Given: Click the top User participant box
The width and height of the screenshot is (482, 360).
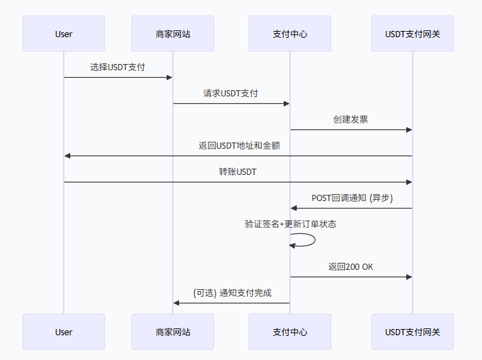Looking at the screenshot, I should click(63, 34).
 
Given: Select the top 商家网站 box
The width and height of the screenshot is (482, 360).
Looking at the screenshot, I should click(173, 34).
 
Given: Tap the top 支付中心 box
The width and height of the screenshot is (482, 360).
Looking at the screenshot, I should click(290, 34).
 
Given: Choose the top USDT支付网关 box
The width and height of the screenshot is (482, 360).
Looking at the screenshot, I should click(412, 34).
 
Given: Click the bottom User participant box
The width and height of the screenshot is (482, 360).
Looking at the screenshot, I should click(63, 332).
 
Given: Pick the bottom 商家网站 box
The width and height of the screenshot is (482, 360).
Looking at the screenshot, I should click(173, 332).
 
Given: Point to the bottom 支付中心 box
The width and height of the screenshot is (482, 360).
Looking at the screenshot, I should click(290, 332).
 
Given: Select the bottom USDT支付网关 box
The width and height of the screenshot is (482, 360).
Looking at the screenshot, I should click(412, 332).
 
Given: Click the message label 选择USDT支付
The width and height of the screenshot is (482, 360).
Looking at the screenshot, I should click(118, 67).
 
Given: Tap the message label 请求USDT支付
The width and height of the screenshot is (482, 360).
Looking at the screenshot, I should click(231, 94).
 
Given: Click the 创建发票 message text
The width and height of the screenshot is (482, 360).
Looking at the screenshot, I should click(350, 120).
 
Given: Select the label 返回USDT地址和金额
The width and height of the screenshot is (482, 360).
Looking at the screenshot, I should click(239, 146).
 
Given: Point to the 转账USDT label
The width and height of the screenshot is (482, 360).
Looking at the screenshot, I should click(238, 172).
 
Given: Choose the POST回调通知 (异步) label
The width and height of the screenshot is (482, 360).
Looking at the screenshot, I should click(352, 198).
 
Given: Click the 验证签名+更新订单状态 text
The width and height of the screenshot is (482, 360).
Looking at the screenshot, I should click(291, 224).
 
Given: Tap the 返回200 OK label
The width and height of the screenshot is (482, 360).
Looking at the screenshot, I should click(350, 267).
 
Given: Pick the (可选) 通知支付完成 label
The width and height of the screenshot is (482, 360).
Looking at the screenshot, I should click(232, 293).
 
